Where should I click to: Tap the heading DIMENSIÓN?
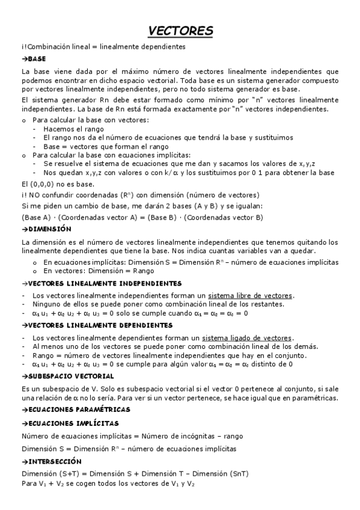(x=47, y=229)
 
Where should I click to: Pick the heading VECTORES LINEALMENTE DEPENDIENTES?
(x=96, y=325)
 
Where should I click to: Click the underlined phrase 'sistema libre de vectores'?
(x=250, y=296)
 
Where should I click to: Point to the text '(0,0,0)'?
(x=42, y=183)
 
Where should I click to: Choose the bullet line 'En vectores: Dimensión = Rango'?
(x=100, y=271)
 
